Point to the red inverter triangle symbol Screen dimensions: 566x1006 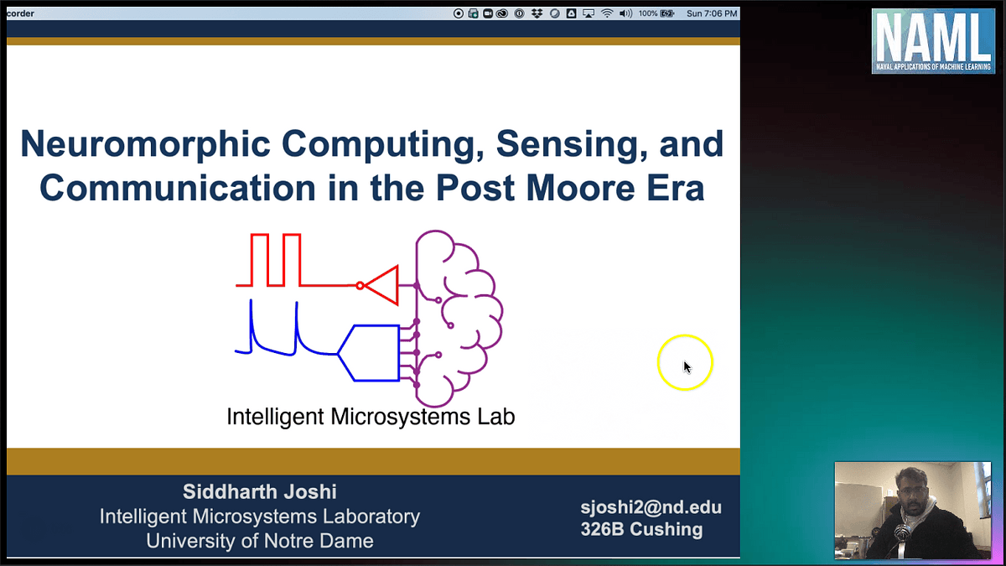click(382, 285)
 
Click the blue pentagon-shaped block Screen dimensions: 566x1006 click(370, 353)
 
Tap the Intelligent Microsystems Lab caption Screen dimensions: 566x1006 click(371, 416)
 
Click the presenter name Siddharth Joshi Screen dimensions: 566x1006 click(259, 491)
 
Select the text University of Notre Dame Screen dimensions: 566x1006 click(259, 541)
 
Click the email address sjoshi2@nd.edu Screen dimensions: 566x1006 click(651, 507)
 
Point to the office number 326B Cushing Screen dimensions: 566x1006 click(641, 529)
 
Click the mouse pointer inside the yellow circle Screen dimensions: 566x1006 click(687, 366)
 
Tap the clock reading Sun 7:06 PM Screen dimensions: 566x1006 click(711, 13)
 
